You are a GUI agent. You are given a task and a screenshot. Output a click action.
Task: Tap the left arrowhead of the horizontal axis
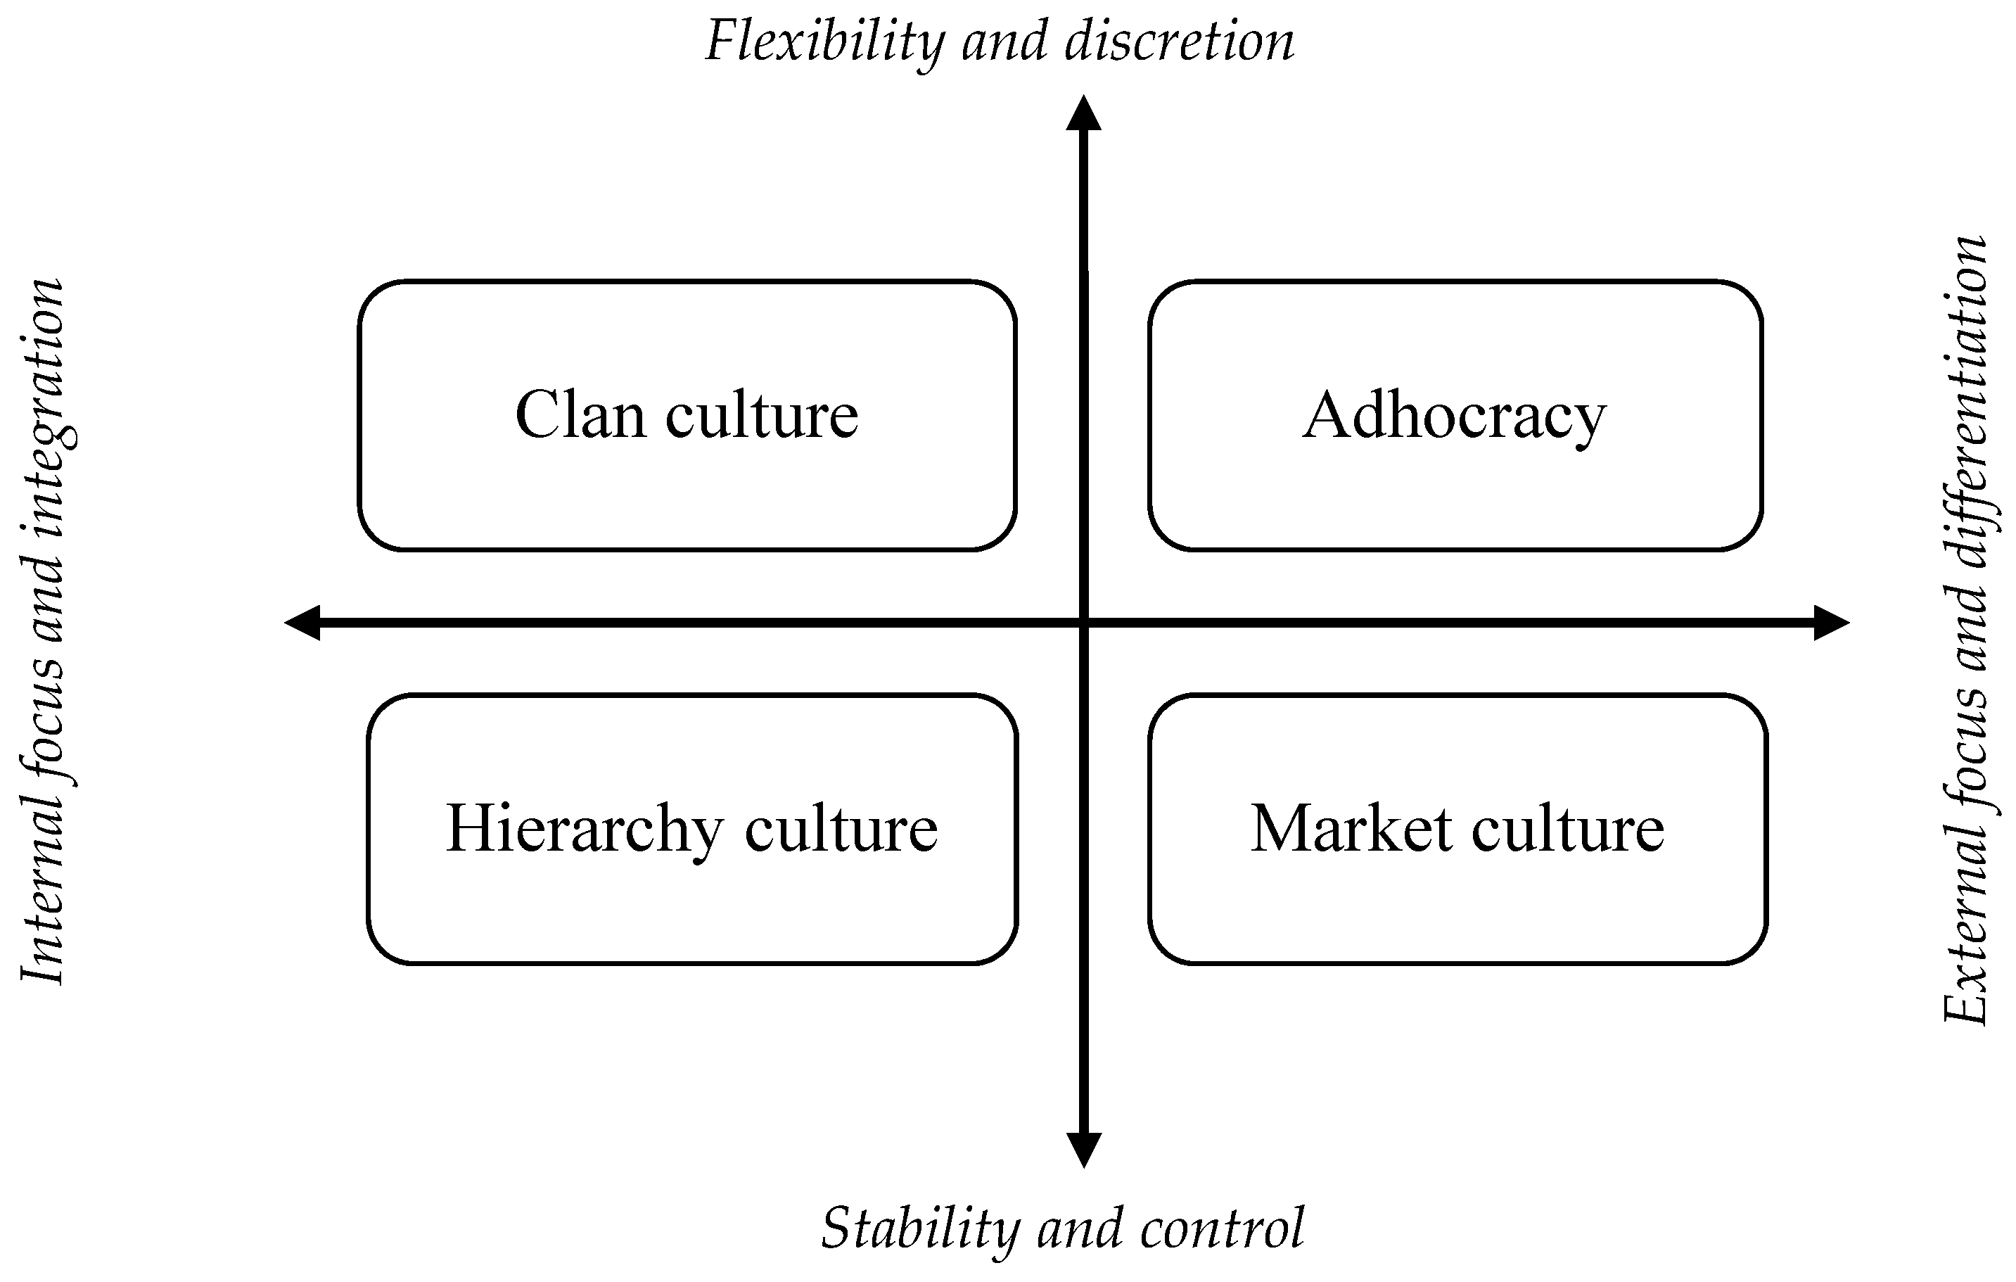(303, 622)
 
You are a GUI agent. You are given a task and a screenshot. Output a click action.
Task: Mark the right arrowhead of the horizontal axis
(1831, 622)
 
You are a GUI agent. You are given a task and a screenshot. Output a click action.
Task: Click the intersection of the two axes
(1084, 622)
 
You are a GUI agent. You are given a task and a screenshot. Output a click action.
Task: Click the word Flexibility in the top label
(824, 42)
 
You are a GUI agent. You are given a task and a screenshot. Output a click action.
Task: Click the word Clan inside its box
(580, 415)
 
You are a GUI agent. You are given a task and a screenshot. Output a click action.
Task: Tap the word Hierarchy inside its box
(584, 829)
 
